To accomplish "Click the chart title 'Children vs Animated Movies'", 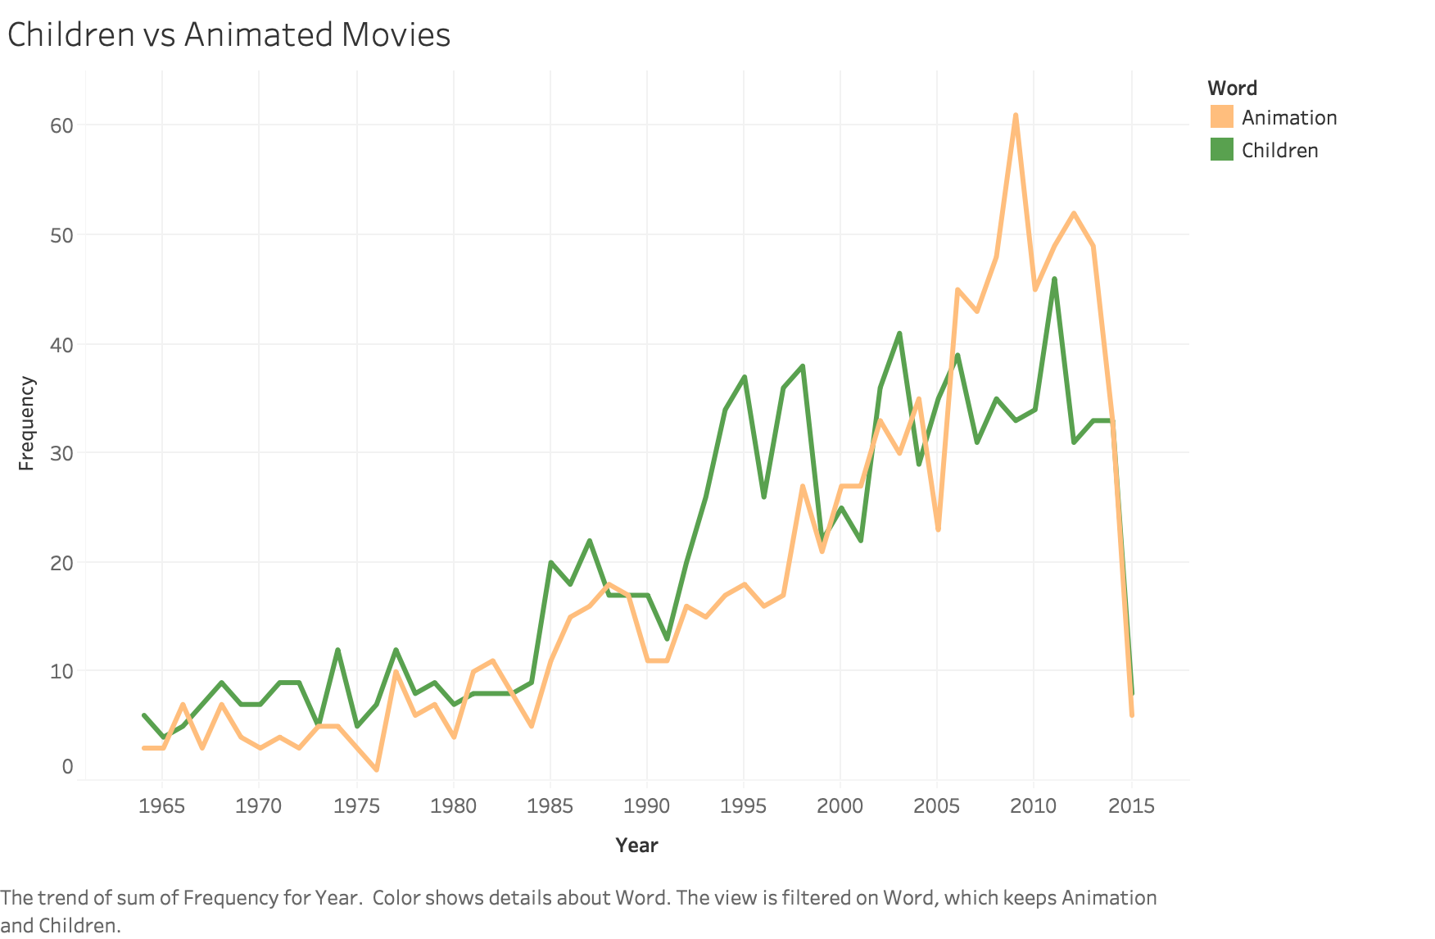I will pyautogui.click(x=229, y=35).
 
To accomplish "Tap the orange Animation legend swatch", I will pyautogui.click(x=1221, y=117).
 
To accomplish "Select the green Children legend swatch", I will pyautogui.click(x=1221, y=150).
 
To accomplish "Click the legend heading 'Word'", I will pyautogui.click(x=1232, y=88).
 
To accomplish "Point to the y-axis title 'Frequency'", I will pyautogui.click(x=26, y=423).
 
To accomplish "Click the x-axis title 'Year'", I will pyautogui.click(x=636, y=845).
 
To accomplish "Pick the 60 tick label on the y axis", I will pyautogui.click(x=61, y=125).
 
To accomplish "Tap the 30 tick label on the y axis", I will pyautogui.click(x=61, y=453).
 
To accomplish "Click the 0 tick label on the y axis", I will pyautogui.click(x=67, y=767).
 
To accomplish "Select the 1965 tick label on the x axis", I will pyautogui.click(x=161, y=806).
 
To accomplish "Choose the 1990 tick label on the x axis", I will pyautogui.click(x=646, y=806).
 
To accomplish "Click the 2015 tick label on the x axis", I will pyautogui.click(x=1131, y=806).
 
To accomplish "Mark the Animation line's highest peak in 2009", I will pyautogui.click(x=1016, y=116).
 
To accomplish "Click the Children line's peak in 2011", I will pyautogui.click(x=1054, y=279).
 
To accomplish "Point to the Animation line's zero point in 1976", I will pyautogui.click(x=376, y=769).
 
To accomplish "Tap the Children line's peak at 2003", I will pyautogui.click(x=899, y=333).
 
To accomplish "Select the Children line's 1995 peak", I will pyautogui.click(x=744, y=377).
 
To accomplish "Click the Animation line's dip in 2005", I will pyautogui.click(x=938, y=529).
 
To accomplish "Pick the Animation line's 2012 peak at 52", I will pyautogui.click(x=1074, y=214).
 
